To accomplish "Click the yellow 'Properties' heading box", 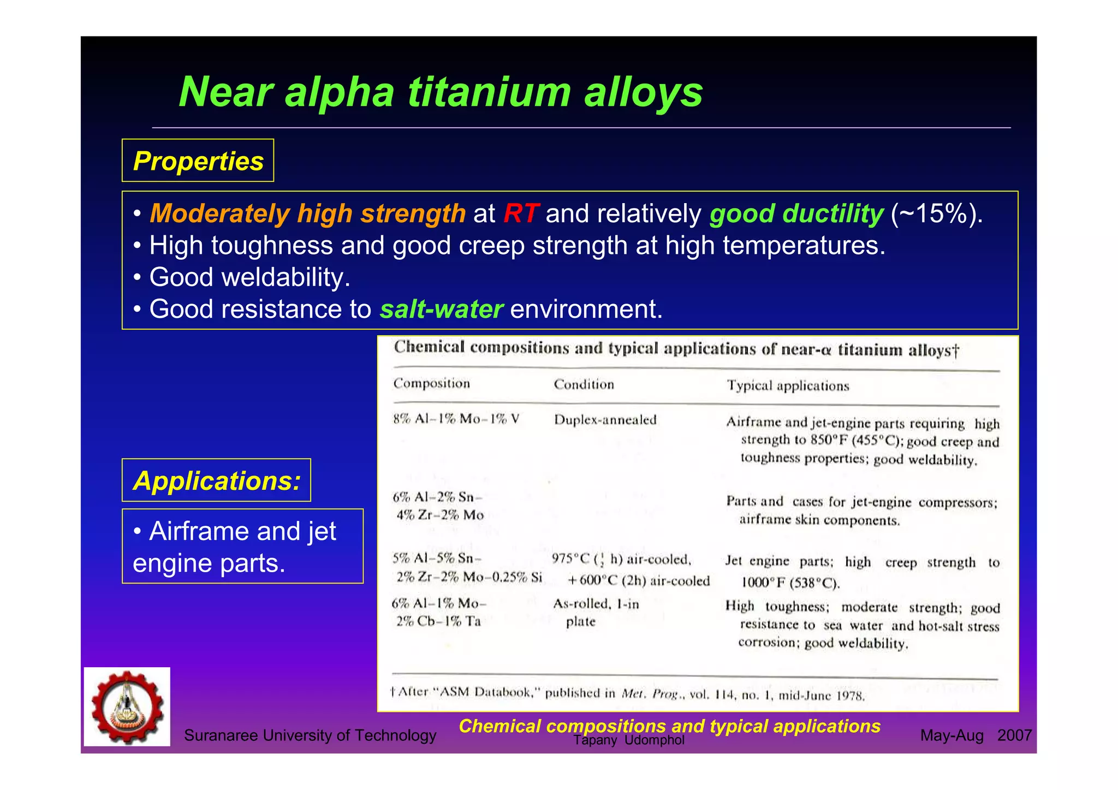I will click(198, 161).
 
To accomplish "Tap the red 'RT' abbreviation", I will click(521, 213).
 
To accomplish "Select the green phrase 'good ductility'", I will click(796, 213).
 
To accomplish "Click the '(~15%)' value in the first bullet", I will click(936, 213).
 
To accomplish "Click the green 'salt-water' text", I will click(441, 309).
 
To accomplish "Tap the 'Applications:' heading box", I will click(216, 480).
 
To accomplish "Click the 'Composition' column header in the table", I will click(431, 383).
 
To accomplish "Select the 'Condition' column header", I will click(584, 384).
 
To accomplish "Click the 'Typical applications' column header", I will click(788, 385).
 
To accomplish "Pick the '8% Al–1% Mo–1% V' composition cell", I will click(456, 419).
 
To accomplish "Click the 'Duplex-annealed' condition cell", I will click(605, 420).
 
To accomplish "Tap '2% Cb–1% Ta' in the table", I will click(438, 621).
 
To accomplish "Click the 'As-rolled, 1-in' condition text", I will click(596, 603).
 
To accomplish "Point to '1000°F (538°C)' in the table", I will click(790, 583).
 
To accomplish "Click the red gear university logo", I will click(127, 707).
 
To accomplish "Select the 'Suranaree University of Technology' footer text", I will click(310, 735).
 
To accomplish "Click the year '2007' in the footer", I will click(1014, 735).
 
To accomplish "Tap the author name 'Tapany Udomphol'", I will click(629, 740).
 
